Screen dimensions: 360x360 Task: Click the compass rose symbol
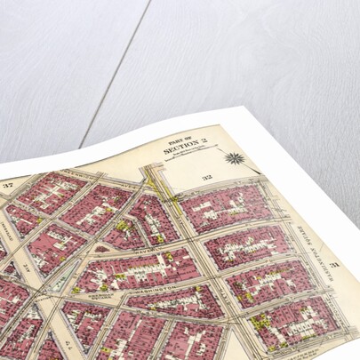pyautogui.click(x=235, y=159)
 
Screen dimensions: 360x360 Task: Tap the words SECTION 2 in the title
pyautogui.click(x=185, y=150)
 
